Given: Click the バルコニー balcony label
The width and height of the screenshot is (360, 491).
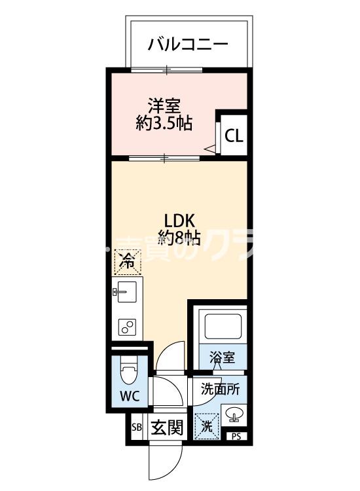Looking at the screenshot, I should [187, 45].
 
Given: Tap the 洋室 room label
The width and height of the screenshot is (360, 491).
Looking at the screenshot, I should [164, 105].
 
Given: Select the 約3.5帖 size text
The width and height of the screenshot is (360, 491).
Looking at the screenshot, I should [164, 122].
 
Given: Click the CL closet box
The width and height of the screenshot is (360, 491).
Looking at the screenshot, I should [234, 136].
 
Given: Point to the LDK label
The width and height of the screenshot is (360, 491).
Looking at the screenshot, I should [177, 219].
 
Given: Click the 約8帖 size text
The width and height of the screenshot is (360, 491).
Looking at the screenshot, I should [178, 236].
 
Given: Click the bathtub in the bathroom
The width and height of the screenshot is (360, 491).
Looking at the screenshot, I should [222, 324].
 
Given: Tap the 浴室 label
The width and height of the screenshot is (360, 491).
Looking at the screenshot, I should [222, 357].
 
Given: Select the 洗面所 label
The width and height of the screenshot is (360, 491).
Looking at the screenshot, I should [220, 388].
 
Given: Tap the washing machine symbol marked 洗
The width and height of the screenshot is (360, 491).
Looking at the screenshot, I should [206, 426].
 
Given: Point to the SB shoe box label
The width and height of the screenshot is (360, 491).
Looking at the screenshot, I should [137, 428].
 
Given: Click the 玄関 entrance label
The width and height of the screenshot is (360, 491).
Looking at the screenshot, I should [166, 428].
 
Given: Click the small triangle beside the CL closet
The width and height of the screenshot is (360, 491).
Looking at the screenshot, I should [210, 150].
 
